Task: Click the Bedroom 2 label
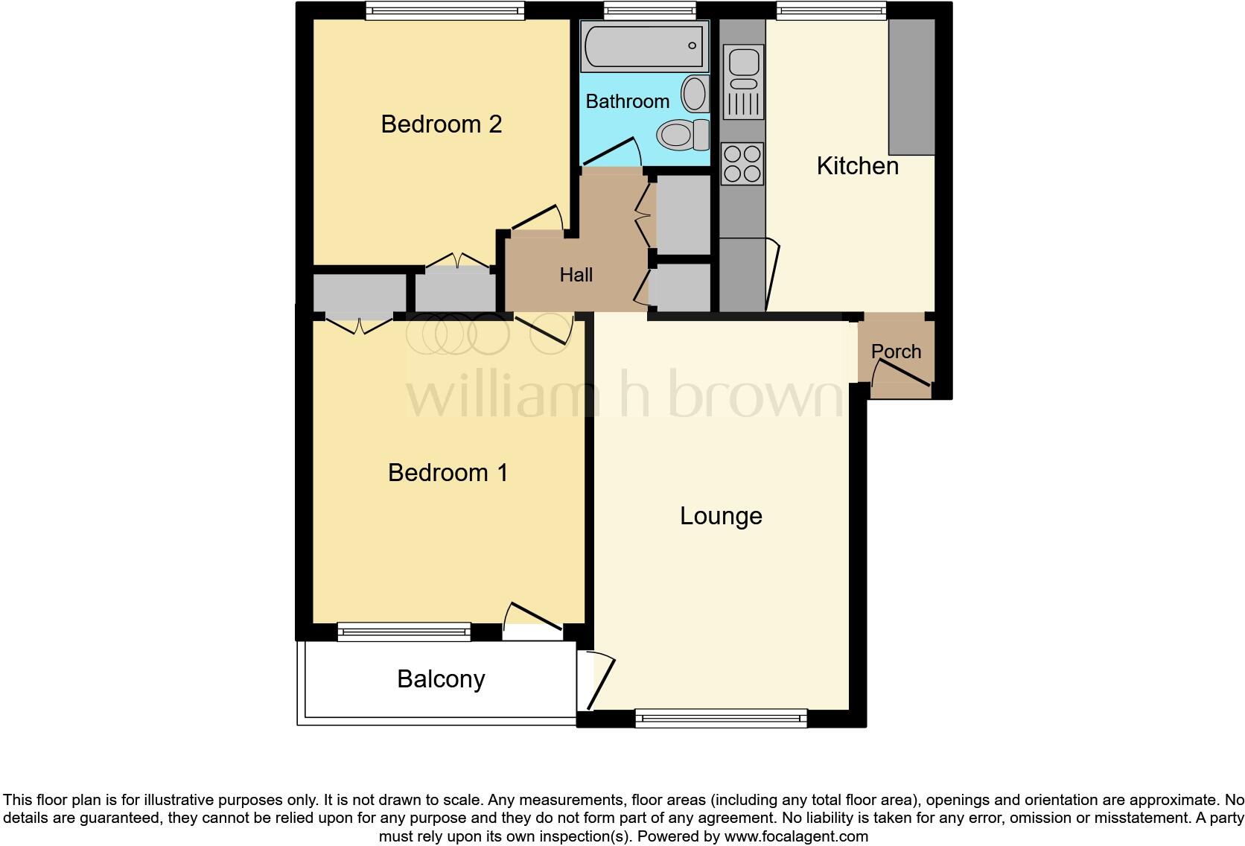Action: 441,124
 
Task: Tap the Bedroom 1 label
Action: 448,473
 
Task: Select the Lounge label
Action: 721,516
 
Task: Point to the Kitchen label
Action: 857,166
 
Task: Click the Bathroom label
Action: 627,101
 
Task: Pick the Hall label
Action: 576,275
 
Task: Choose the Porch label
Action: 896,352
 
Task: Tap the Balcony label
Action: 441,679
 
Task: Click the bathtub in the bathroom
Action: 645,46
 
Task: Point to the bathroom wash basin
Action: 695,94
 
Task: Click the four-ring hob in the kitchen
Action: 742,164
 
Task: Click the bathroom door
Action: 611,151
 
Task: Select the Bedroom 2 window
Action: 445,10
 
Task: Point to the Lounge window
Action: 721,719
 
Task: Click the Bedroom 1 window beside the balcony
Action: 404,632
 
